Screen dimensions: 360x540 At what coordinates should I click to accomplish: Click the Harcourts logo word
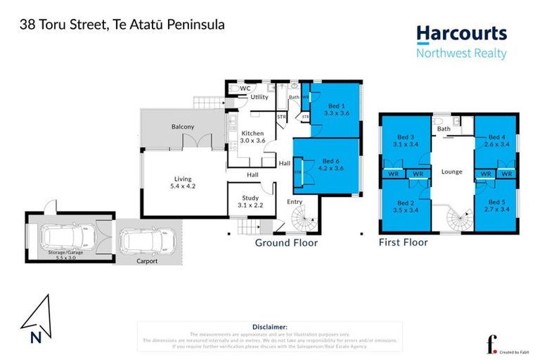461,33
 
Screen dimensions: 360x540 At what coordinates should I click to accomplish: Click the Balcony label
183,127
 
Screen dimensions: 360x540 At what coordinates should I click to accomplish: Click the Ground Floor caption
286,243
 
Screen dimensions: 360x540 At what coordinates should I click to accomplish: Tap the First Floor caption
403,243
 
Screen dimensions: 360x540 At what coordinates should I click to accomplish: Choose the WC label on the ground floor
245,89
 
